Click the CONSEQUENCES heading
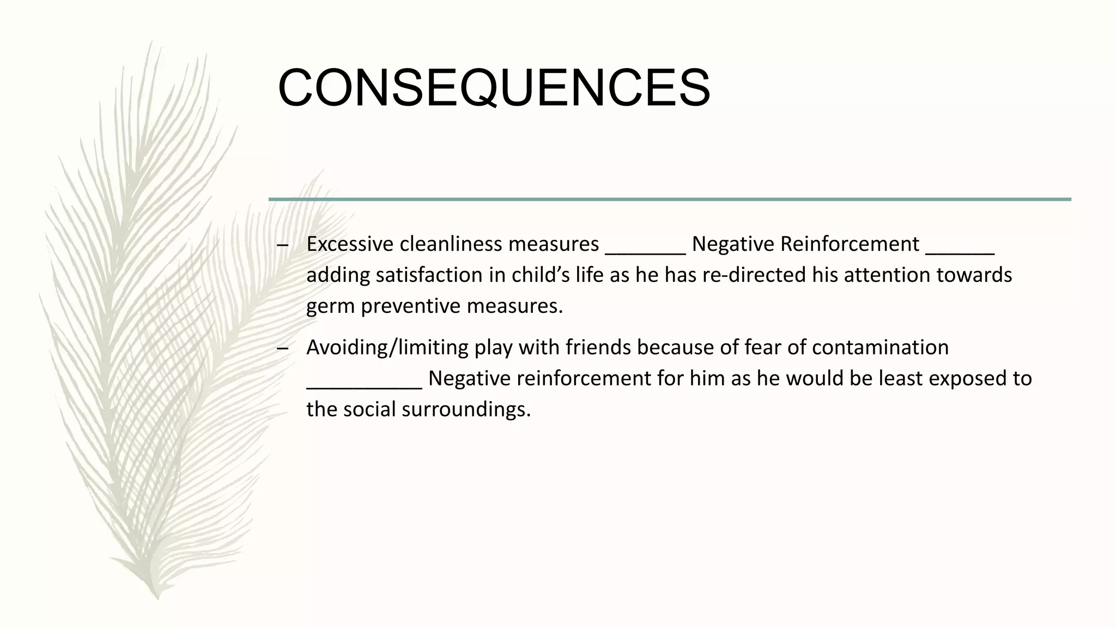click(x=494, y=88)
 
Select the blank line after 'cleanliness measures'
click(x=645, y=252)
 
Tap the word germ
click(x=330, y=307)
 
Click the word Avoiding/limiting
click(x=387, y=348)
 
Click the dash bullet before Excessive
click(x=282, y=245)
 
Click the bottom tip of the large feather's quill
click(x=157, y=598)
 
